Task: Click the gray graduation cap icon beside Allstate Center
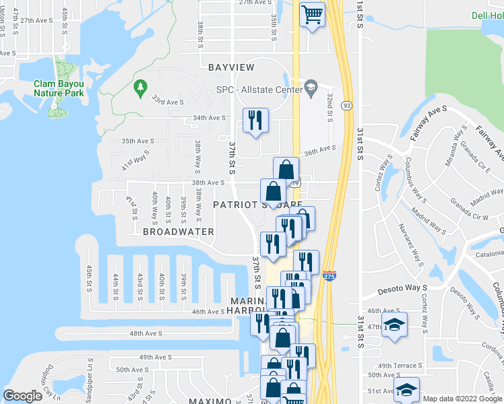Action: pyautogui.click(x=311, y=87)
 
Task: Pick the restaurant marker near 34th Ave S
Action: pyautogui.click(x=255, y=121)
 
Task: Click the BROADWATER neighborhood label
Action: pyautogui.click(x=178, y=232)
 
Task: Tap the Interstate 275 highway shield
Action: pyautogui.click(x=328, y=276)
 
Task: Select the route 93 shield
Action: pyautogui.click(x=346, y=105)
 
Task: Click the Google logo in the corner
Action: pyautogui.click(x=22, y=396)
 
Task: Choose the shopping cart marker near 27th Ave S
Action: pyautogui.click(x=312, y=13)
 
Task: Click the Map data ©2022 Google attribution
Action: pyautogui.click(x=462, y=399)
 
